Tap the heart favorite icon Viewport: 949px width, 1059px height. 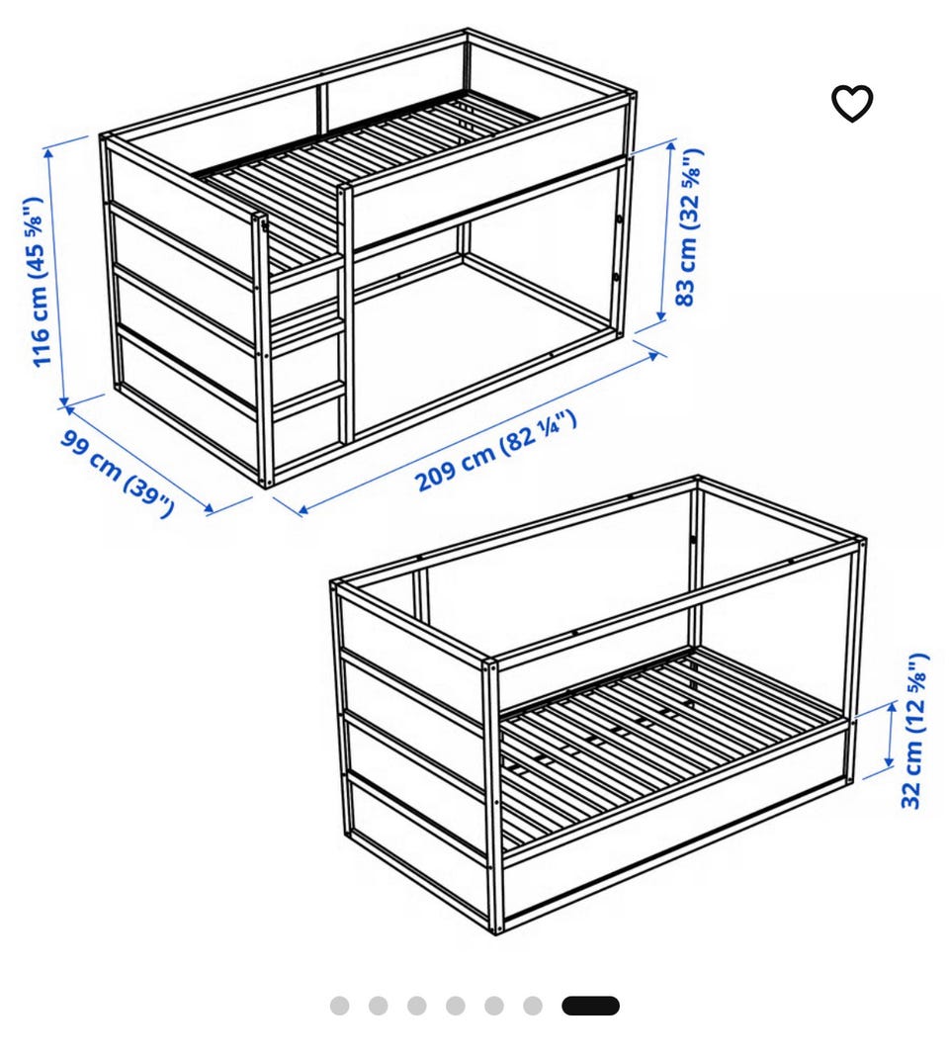coord(852,104)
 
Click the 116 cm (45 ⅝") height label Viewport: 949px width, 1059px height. coord(38,282)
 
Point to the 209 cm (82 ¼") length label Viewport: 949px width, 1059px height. coord(496,451)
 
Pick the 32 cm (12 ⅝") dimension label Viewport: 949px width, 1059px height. coord(914,730)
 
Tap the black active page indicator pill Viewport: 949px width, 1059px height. coord(590,1006)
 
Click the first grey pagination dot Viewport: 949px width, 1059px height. coord(340,1006)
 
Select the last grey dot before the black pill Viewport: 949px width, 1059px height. coord(532,1006)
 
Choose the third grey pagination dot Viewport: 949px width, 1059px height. coord(417,1006)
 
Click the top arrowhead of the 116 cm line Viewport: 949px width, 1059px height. coord(49,152)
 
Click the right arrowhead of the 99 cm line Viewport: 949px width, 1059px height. coord(209,508)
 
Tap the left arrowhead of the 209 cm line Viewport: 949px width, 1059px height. coord(302,510)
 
